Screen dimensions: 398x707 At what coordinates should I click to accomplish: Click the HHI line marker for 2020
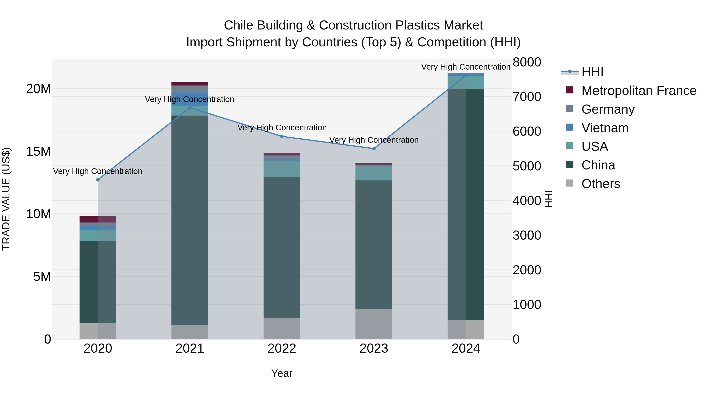98,180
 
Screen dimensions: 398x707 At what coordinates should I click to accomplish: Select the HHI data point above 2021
190,108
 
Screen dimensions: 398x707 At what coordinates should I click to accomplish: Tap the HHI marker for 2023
374,149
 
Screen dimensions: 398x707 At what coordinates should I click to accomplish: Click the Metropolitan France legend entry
639,91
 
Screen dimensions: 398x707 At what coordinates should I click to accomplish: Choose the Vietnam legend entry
605,128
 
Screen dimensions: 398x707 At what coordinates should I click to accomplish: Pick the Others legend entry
601,184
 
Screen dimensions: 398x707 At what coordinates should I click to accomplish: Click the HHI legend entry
592,72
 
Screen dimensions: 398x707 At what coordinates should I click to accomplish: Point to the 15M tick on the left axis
38,151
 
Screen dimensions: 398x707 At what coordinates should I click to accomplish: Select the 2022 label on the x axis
282,348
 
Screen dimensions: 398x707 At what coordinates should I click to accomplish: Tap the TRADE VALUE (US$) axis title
6,199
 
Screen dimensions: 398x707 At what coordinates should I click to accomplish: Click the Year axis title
282,373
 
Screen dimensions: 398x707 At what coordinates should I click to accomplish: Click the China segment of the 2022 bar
282,247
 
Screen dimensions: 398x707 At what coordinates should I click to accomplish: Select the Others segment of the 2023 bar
374,324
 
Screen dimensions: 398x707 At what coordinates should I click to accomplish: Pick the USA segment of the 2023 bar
374,173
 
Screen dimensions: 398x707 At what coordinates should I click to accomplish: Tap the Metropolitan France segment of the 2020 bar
98,219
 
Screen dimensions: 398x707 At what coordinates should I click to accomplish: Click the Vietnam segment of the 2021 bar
190,99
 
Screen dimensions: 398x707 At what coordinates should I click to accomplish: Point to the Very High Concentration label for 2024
466,67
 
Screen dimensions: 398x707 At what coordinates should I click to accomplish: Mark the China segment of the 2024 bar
466,204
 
